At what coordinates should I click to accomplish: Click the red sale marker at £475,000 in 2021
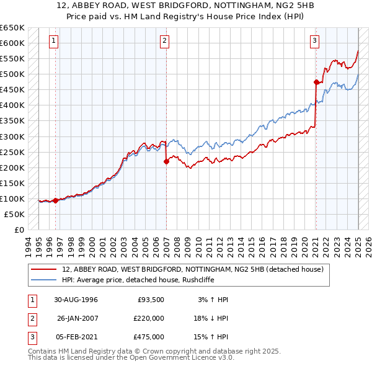[x=316, y=82]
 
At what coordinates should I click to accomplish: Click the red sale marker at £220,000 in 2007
[x=166, y=161]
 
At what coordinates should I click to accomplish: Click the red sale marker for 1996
[x=56, y=200]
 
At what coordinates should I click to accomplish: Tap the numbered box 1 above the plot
[x=54, y=42]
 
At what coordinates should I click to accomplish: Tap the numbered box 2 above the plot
[x=164, y=42]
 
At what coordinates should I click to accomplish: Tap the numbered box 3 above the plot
[x=315, y=42]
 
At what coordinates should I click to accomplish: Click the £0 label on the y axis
[x=20, y=230]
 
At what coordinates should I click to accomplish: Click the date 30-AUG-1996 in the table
[x=76, y=300]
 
